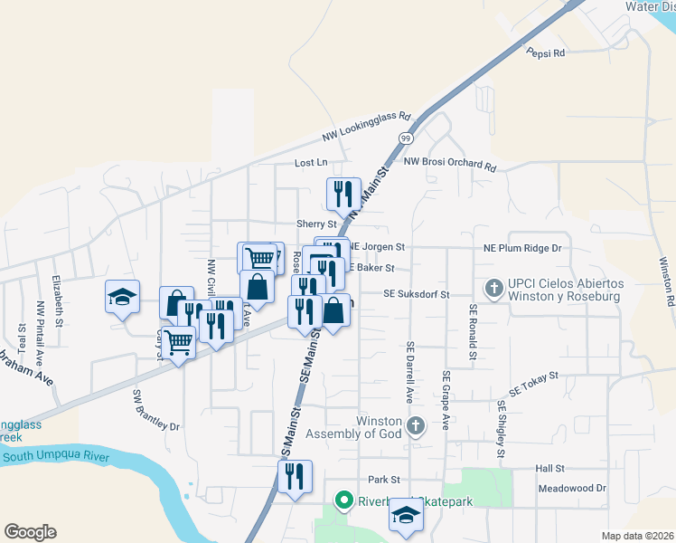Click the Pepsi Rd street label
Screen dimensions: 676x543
[546, 53]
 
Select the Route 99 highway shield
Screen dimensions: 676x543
[406, 138]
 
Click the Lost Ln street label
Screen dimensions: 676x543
[311, 163]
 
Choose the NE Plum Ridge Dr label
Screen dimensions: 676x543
[522, 247]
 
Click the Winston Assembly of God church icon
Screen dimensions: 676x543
[415, 424]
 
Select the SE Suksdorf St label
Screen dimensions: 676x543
[416, 294]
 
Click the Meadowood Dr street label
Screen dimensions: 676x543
[571, 488]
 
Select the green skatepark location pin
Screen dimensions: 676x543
[343, 499]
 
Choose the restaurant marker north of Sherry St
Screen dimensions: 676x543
[343, 193]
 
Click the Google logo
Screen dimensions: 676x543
[30, 532]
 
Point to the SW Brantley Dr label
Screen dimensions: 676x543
[157, 411]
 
